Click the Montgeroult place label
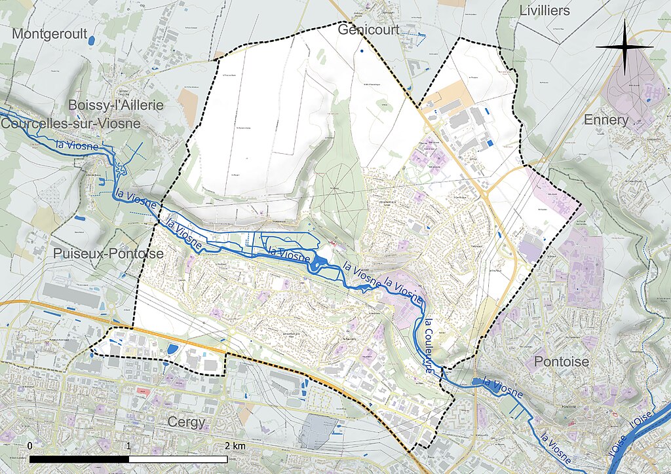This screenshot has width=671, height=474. point(50,34)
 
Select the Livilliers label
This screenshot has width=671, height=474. point(545,10)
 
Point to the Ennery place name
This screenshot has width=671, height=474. point(605,120)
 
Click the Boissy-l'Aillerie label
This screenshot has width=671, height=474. point(115,105)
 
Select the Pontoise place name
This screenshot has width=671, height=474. point(562,361)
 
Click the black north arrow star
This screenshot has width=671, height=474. point(625,47)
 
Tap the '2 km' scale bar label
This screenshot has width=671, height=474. point(235,446)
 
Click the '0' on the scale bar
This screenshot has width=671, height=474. point(30,446)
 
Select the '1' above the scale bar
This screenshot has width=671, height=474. point(128,446)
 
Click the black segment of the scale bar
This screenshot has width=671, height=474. point(79,458)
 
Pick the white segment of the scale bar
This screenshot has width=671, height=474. point(178,458)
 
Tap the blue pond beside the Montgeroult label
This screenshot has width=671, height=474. point(92,40)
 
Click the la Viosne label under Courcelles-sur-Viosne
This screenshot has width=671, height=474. point(77,145)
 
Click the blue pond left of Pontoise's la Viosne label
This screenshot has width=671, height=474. point(476,382)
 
